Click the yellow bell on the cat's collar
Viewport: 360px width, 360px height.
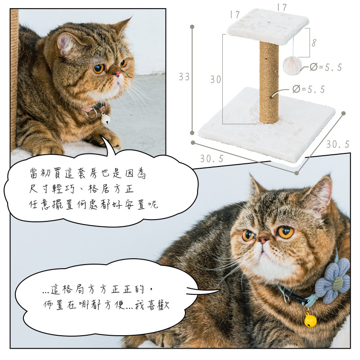(x=310, y=320)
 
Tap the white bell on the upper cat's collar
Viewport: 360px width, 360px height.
(x=106, y=119)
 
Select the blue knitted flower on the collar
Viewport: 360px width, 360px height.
(x=333, y=280)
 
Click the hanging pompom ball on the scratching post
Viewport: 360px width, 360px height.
(x=292, y=65)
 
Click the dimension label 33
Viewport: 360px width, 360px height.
(x=184, y=76)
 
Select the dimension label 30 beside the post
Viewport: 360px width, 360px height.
(x=216, y=80)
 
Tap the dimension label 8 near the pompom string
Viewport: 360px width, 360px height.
(x=314, y=43)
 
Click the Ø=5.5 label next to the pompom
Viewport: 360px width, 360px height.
(x=326, y=67)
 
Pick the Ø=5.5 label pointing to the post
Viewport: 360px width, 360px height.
(x=309, y=89)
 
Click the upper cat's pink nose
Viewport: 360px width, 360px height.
(x=117, y=73)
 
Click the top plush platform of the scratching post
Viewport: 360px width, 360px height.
(x=268, y=26)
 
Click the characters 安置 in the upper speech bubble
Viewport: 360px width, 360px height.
(x=135, y=204)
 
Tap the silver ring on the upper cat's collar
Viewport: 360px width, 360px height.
(x=91, y=114)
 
